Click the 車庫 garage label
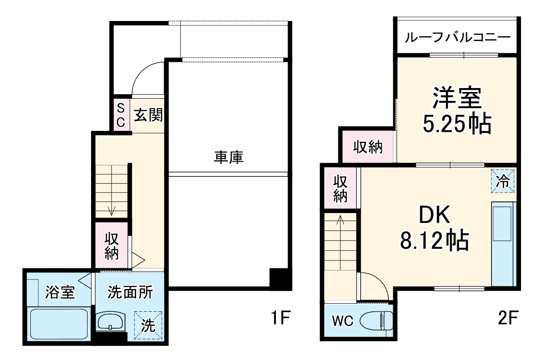(x=229, y=157)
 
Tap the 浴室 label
(x=59, y=293)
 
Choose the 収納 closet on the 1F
(x=112, y=246)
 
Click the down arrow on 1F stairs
(x=112, y=209)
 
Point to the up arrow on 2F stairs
(x=341, y=220)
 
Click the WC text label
(x=342, y=321)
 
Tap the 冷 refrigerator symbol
(x=503, y=181)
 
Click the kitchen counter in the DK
(x=503, y=243)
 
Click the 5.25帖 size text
(x=456, y=125)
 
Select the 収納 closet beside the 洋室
(x=368, y=147)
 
